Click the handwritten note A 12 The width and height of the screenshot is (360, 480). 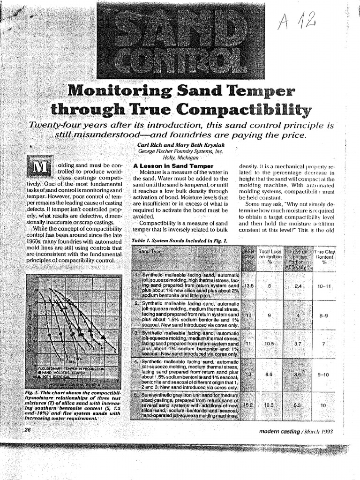click(297, 21)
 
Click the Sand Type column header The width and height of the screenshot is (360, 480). click(150, 252)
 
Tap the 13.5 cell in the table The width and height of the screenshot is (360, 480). click(249, 285)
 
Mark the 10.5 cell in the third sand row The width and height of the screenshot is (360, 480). click(269, 344)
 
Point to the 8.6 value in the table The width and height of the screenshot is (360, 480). click(269, 375)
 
